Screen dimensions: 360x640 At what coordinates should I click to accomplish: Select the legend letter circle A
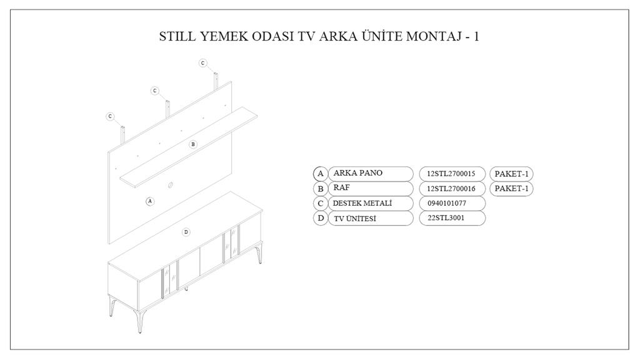(320, 174)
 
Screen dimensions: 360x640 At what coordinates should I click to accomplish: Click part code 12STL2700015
(452, 174)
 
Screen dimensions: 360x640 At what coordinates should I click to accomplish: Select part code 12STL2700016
(452, 188)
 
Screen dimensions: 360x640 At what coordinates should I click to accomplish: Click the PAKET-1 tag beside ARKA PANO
(512, 174)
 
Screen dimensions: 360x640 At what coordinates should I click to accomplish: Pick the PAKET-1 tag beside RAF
(512, 188)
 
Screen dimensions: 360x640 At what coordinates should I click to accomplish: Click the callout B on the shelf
(192, 144)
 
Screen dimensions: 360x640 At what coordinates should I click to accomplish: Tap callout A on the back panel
(149, 201)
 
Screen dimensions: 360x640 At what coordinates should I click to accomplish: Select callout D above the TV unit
(186, 232)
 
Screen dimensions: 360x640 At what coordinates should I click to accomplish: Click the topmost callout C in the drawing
(202, 63)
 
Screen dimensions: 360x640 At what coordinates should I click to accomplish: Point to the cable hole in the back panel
(170, 184)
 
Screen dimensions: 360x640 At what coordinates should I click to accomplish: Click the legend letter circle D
(320, 218)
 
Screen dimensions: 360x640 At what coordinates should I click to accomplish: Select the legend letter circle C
(320, 203)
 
